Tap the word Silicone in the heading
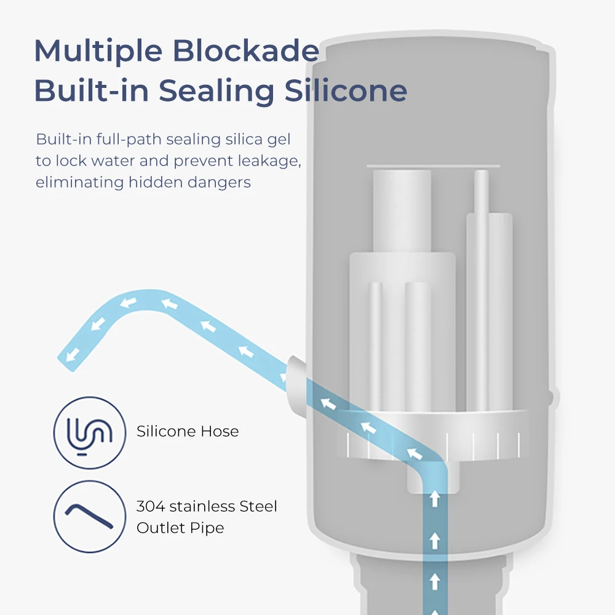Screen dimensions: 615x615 coord(346,91)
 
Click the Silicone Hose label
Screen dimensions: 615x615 coord(188,431)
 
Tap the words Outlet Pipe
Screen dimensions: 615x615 coord(180,528)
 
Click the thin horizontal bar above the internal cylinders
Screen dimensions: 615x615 coord(433,165)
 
